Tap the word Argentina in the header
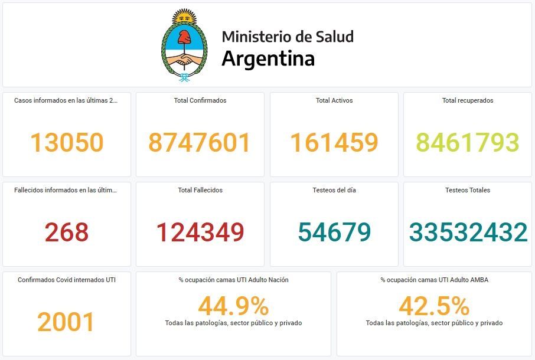[268, 59]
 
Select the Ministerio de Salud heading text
[288, 37]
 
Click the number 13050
[67, 142]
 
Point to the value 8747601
[200, 142]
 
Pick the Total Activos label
[334, 100]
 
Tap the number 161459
[334, 142]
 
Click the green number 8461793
[468, 142]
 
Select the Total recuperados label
[468, 100]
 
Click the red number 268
[67, 232]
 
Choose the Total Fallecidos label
[200, 190]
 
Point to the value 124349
[200, 232]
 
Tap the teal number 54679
[334, 232]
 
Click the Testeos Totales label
[468, 190]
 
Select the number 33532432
[468, 232]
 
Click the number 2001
[66, 322]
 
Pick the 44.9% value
[233, 306]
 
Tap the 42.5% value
[434, 306]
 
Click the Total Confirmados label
[200, 100]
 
